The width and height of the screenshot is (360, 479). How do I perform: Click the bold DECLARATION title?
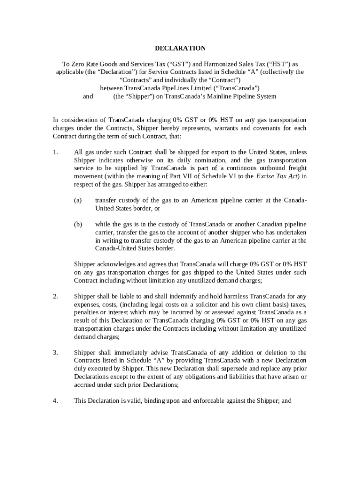coord(180,48)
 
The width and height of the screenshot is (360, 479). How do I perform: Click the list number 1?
coord(55,152)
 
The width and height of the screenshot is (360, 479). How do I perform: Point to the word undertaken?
coord(290,232)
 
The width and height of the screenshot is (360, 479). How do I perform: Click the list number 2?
coord(55,296)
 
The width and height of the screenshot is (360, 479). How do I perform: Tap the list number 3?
coord(55,352)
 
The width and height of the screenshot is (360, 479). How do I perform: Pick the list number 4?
coord(55,400)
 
